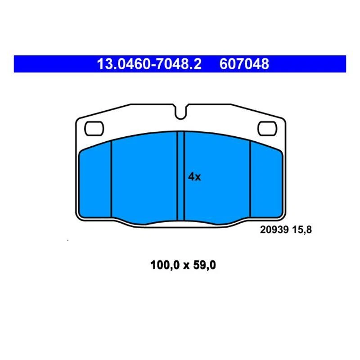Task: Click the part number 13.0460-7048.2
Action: click(149, 64)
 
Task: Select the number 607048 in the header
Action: click(244, 64)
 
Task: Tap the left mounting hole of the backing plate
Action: click(94, 128)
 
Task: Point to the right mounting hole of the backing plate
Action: click(267, 128)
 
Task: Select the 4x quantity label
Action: click(194, 177)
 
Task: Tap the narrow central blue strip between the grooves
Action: click(181, 175)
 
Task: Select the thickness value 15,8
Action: click(302, 229)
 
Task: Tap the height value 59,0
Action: click(204, 265)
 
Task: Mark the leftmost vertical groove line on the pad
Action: click(111, 180)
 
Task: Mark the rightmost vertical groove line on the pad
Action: click(250, 180)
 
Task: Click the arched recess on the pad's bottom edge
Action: click(180, 222)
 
